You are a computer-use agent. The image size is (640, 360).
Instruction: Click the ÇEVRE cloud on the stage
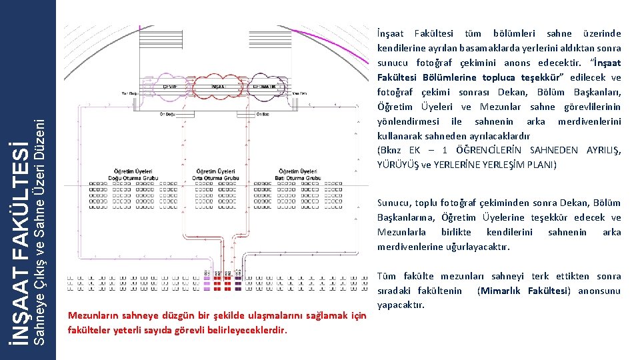[x=170, y=86]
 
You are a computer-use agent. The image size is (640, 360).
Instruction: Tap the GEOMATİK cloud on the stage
[x=267, y=86]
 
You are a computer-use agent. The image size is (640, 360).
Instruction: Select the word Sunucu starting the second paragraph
[x=393, y=203]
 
